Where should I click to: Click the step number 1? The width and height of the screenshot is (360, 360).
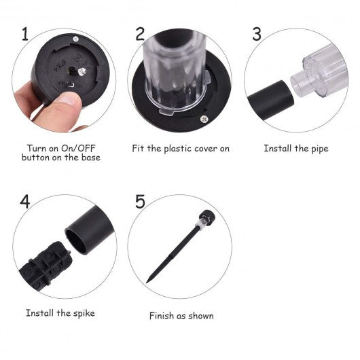point(25,34)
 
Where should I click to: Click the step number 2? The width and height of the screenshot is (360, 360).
point(140,34)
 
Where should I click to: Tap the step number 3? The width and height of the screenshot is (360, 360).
point(257,34)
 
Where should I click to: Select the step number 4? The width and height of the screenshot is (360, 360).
point(25,202)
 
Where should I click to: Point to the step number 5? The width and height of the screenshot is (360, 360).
point(140,202)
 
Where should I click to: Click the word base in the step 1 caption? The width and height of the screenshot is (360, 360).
point(91,158)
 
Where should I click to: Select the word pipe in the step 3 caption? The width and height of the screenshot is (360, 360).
point(320,149)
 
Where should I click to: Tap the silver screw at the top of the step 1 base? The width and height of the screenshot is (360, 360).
point(75,39)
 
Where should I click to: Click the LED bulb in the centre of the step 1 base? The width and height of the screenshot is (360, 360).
point(82,71)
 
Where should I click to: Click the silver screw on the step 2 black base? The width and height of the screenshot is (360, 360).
point(203,119)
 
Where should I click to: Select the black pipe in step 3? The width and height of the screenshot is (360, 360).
point(271,100)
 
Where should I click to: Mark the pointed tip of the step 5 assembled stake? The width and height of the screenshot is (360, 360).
point(147,282)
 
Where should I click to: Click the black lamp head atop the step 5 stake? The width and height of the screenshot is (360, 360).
point(207,216)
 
